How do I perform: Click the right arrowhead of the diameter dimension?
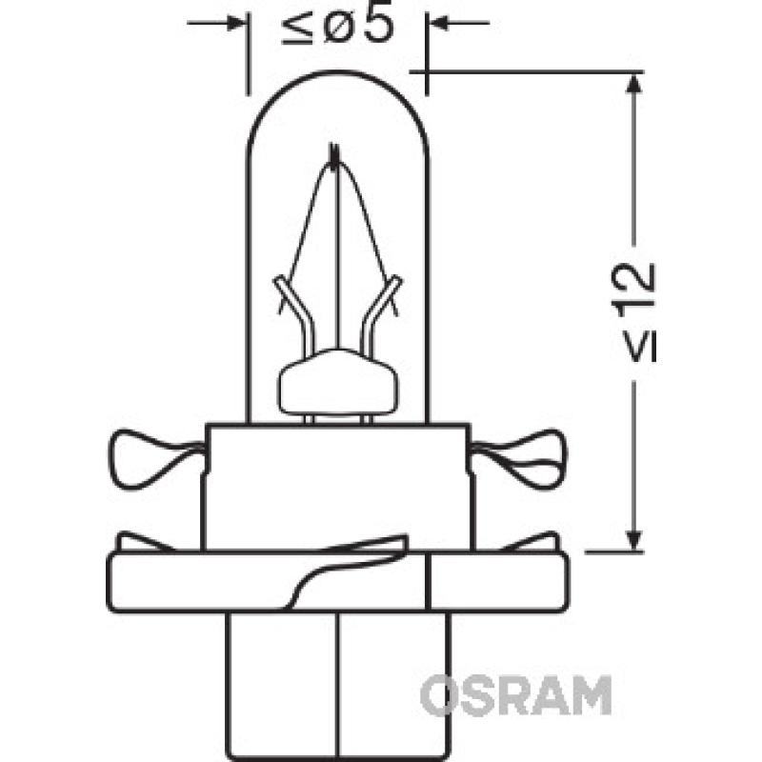437,22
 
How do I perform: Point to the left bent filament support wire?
291,305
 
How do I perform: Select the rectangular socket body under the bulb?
336,486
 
